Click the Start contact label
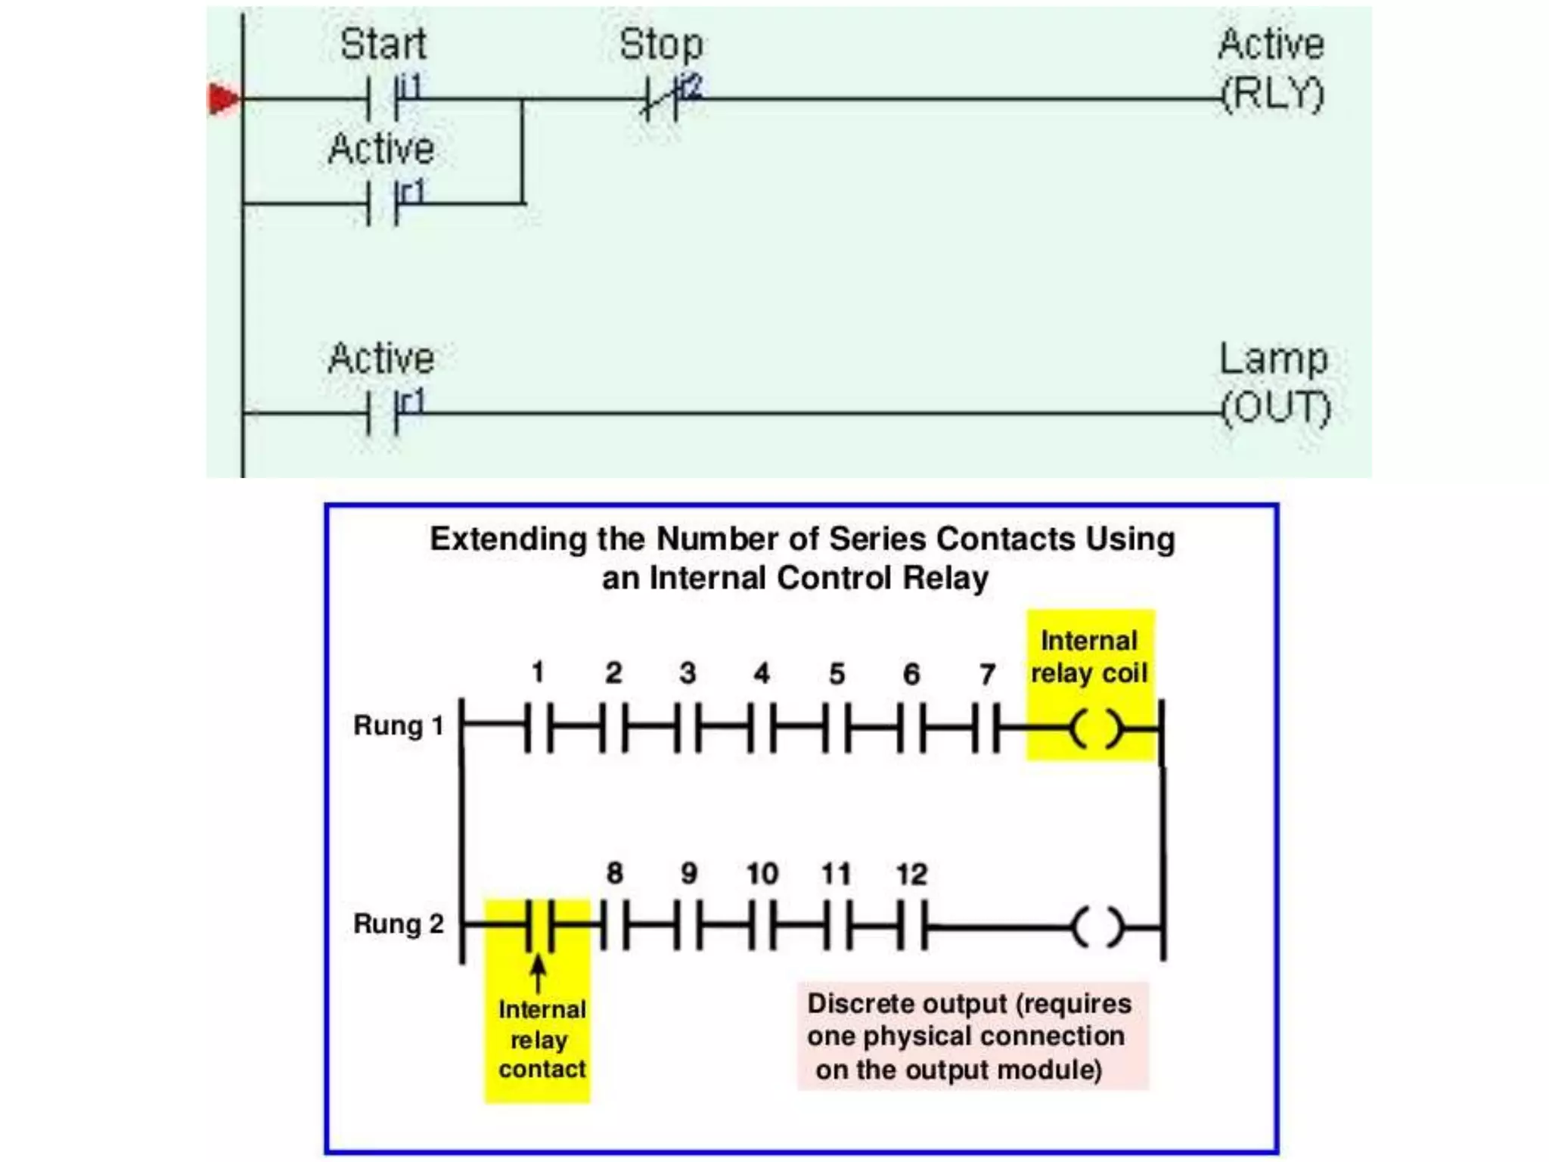(383, 44)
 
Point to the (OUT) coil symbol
(1276, 409)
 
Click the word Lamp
(1273, 359)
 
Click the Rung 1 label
(398, 725)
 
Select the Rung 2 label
(398, 924)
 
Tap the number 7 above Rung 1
(987, 674)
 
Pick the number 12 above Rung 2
(911, 875)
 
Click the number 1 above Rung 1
(538, 672)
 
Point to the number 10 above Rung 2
(762, 875)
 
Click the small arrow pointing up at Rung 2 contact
(538, 973)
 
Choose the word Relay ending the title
(945, 579)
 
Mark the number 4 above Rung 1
(762, 673)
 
